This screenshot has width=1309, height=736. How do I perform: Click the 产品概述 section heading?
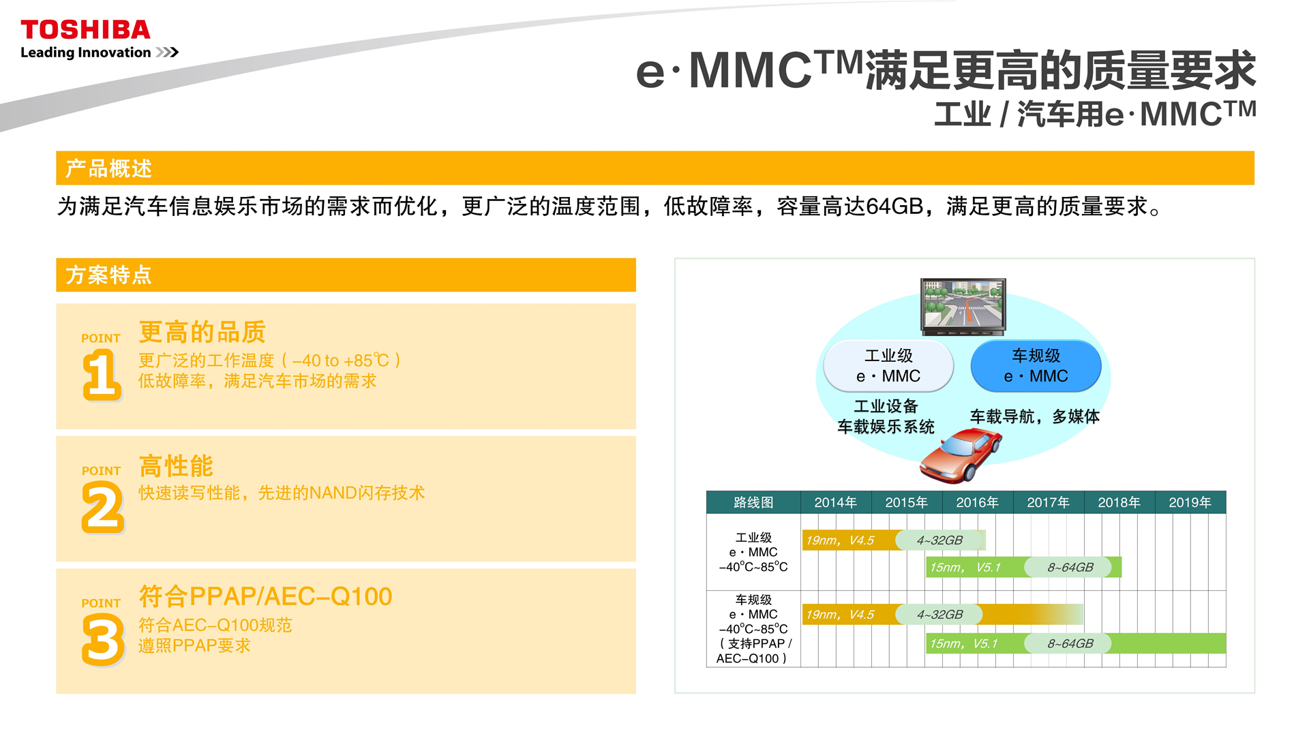click(108, 168)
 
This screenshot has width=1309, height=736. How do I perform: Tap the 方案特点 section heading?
click(108, 275)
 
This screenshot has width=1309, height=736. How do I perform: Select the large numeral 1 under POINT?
click(102, 374)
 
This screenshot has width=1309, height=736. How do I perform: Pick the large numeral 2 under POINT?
click(103, 507)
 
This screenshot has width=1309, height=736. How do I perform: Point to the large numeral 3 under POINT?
click(103, 639)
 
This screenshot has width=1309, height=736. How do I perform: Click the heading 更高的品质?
click(202, 332)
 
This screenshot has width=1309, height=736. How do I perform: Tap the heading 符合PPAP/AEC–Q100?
click(265, 596)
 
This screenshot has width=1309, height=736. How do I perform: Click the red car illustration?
click(961, 455)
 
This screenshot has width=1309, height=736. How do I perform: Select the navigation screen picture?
click(963, 306)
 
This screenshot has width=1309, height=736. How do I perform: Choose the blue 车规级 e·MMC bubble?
click(1036, 366)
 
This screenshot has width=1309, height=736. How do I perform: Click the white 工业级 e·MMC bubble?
click(888, 366)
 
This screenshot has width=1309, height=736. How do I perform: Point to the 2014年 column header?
click(835, 502)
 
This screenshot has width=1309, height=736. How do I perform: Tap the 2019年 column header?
click(1190, 502)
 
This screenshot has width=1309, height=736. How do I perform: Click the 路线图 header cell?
click(753, 502)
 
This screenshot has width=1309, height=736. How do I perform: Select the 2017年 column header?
click(1048, 502)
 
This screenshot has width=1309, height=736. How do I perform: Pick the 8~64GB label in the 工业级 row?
click(1070, 567)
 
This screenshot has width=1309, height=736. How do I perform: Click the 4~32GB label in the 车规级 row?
click(939, 614)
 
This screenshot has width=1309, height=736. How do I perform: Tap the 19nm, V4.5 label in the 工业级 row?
click(840, 540)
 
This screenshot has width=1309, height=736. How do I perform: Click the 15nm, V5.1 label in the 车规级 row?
click(963, 643)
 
